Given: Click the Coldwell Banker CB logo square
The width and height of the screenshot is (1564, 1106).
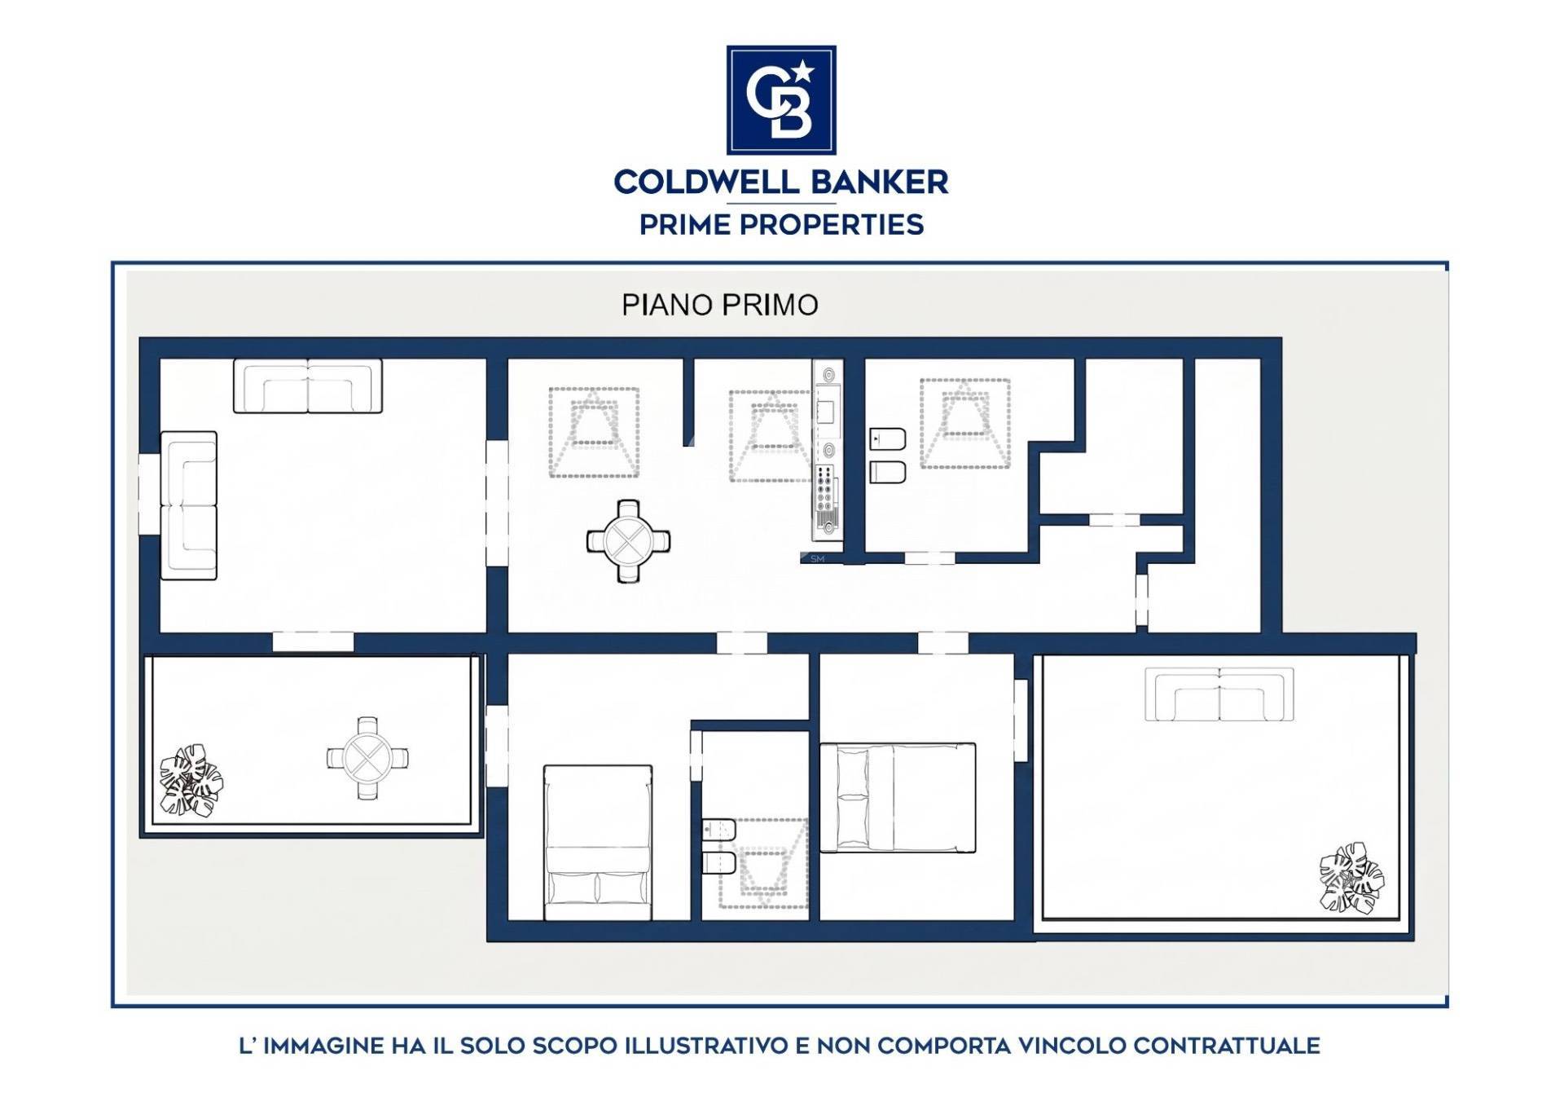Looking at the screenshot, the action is click(x=781, y=99).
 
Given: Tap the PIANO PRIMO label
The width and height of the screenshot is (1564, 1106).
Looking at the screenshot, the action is click(x=720, y=305).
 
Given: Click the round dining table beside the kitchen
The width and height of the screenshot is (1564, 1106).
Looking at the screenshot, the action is click(x=628, y=540).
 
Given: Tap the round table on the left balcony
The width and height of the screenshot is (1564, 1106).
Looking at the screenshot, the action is click(x=367, y=758).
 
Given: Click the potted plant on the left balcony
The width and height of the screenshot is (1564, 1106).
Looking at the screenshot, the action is click(x=191, y=779).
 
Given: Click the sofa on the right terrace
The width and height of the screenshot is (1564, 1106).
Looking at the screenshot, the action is click(x=1219, y=694).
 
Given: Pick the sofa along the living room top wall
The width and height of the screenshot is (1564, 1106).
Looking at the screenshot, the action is click(x=308, y=386).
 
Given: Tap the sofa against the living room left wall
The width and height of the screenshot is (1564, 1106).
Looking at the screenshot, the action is click(x=189, y=505).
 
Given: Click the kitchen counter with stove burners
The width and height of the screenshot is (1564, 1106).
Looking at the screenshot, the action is click(x=827, y=450).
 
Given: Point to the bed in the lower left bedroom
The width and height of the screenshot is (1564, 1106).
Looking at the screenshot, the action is click(x=598, y=843).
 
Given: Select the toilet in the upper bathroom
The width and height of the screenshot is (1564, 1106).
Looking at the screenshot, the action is click(x=887, y=472).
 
